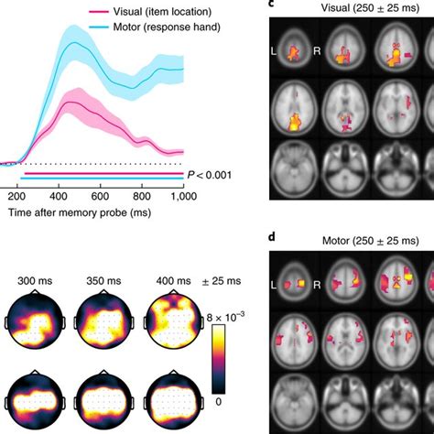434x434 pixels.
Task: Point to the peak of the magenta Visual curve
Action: [67, 103]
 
